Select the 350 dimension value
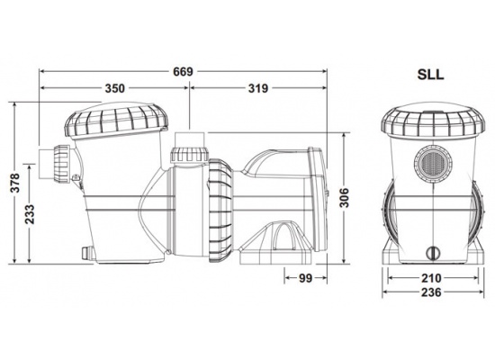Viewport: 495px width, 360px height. [114, 89]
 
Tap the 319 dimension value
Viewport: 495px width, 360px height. [257, 89]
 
